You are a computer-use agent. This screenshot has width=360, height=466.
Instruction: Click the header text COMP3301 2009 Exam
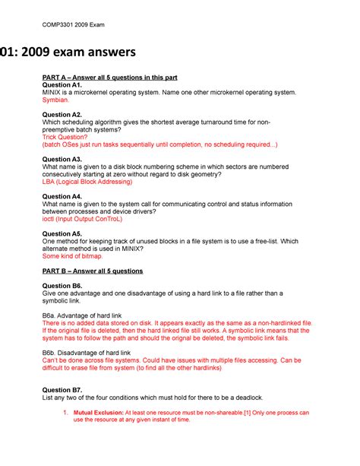point(74,25)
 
